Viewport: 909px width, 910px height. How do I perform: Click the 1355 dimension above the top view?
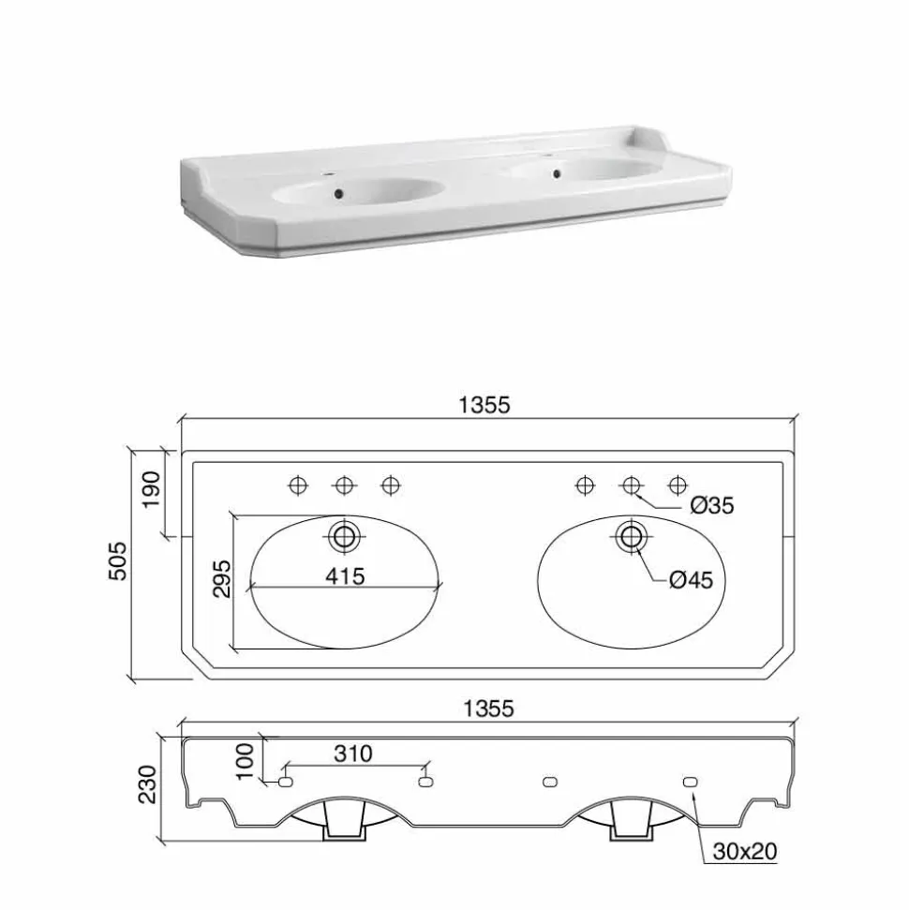[484, 405]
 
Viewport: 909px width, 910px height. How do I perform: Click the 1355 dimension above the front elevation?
[488, 709]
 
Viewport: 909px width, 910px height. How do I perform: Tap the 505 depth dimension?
[117, 560]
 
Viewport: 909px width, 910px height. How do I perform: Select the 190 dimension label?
[151, 489]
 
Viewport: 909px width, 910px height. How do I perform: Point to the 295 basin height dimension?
[222, 578]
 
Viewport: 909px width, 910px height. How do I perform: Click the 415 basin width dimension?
[345, 576]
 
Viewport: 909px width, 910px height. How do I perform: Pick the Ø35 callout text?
[712, 505]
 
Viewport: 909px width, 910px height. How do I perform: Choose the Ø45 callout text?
[691, 580]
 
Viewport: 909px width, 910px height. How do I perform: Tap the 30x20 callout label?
[745, 851]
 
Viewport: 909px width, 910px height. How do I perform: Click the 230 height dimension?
[147, 784]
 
